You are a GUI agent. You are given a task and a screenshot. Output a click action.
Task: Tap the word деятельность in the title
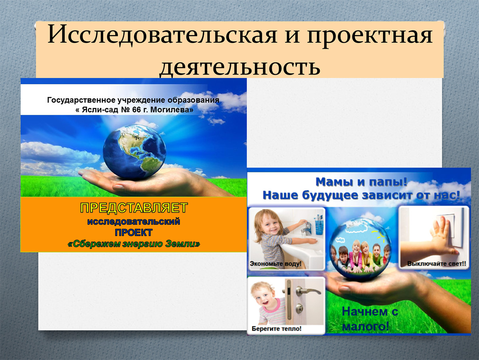240,67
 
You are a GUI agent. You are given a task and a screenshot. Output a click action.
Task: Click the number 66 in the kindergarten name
137,109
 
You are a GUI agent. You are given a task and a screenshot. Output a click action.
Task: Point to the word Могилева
172,109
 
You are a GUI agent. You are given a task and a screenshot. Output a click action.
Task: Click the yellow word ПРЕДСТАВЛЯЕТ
134,207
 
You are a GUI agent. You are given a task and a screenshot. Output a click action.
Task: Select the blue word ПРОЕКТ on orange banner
134,233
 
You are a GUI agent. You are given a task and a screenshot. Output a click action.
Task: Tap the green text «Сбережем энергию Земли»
134,244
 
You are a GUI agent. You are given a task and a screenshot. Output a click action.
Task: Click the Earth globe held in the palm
135,152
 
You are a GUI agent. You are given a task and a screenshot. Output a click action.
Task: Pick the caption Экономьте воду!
275,264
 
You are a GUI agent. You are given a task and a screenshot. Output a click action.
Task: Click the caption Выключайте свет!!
437,264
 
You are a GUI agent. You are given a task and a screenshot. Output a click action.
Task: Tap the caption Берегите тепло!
277,328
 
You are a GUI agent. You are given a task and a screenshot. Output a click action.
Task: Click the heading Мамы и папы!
362,182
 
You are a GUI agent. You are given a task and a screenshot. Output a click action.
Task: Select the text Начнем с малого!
370,320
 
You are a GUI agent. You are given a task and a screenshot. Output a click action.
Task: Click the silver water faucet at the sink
305,228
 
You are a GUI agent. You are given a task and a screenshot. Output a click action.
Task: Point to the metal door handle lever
308,291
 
